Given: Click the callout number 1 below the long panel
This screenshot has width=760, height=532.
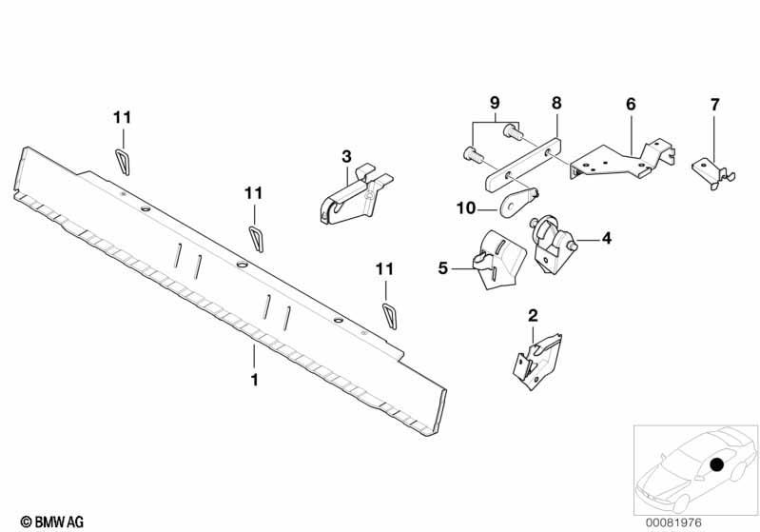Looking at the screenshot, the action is (x=254, y=379).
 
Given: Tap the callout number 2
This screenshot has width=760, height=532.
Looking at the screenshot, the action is (x=533, y=316).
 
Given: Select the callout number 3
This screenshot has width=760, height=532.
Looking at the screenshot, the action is (x=346, y=157).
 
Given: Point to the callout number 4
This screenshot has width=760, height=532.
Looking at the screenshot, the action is (x=606, y=239).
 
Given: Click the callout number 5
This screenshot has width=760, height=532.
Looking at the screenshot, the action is (x=443, y=268).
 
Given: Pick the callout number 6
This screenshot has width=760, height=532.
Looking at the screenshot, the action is (x=631, y=105).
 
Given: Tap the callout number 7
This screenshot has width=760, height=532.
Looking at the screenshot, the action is (x=715, y=105).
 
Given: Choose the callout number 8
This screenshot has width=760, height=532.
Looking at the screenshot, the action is (x=556, y=103).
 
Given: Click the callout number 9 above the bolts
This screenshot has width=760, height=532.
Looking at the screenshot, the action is (x=495, y=103).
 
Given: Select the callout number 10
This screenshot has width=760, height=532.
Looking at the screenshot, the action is (x=466, y=208).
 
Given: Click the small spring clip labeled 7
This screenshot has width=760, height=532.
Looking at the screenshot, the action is (x=712, y=173).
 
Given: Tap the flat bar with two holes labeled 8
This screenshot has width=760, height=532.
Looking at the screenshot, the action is (x=523, y=164).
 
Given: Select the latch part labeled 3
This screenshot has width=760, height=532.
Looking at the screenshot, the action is (x=357, y=195).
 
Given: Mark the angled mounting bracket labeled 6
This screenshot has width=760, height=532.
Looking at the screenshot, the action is (x=621, y=160).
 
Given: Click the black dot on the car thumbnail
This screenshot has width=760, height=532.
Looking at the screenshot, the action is (x=716, y=464).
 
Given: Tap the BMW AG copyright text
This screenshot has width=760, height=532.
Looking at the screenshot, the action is (x=52, y=522).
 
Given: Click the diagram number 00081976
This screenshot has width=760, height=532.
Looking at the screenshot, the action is (x=673, y=522).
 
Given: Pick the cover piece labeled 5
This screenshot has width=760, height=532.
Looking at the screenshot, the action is (x=499, y=260).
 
